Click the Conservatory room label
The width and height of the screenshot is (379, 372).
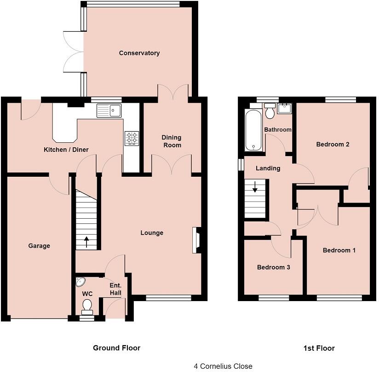point(139,53)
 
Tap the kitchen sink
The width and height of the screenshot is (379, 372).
point(109,110)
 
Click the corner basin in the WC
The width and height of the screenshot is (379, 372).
point(80,281)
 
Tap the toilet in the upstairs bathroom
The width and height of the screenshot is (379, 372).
point(270,111)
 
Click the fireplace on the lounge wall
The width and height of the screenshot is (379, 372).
point(196,240)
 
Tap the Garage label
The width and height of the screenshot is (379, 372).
point(39,246)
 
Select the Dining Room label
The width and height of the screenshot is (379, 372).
point(171,141)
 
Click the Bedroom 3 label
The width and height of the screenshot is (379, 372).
point(273,267)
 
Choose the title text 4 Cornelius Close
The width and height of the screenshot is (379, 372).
point(223,366)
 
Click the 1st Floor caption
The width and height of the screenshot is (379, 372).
point(318,348)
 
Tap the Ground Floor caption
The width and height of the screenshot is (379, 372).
point(116,348)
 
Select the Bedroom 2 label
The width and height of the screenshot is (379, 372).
point(333,144)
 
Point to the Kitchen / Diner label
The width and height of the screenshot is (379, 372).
point(66,150)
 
